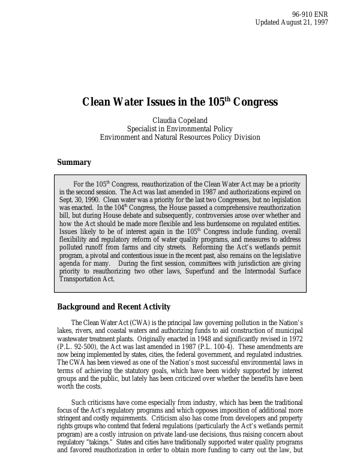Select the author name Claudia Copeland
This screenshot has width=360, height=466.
pos(180,120)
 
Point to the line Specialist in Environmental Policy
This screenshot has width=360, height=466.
pos(180,128)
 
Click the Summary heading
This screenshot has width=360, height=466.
pos(74,162)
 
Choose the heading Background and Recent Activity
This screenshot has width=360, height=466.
pos(113,307)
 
